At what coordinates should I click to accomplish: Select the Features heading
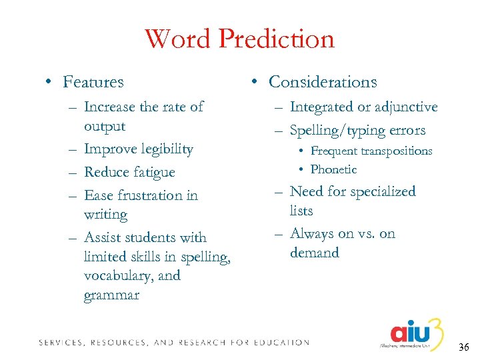point(93,82)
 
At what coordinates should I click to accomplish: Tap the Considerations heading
point(323,82)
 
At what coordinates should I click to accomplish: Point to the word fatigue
point(149,172)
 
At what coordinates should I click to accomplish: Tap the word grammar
point(111,295)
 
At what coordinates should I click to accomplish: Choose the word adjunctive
point(406,107)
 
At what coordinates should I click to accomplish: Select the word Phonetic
point(333,169)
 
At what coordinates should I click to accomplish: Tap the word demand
point(315,253)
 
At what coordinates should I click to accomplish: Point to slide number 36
point(465,347)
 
